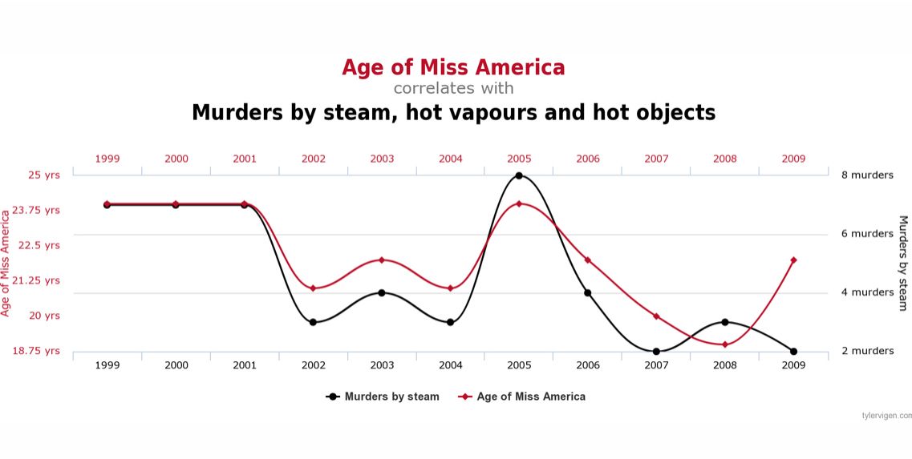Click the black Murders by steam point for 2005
coord(519,175)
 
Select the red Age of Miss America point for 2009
coord(793,260)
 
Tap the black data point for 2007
coord(656,352)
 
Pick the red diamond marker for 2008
coord(725,344)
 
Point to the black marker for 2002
coord(314,322)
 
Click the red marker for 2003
coord(382,260)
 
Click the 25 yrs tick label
coord(40,175)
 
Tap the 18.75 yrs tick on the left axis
coord(36,351)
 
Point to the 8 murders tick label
coord(866,175)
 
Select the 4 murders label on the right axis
coord(866,292)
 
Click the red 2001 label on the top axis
coord(245,159)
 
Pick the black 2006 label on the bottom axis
coord(588,364)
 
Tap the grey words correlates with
coord(453,88)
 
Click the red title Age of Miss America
coord(453,66)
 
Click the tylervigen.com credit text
coord(886,416)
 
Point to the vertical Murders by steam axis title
coord(902,263)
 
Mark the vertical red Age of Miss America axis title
coord(6,263)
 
